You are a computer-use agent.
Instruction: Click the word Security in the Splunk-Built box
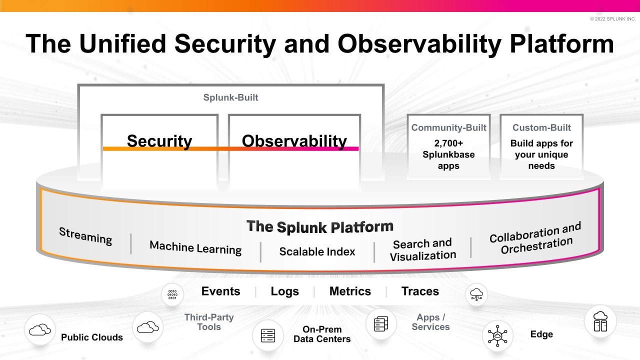[x=159, y=141]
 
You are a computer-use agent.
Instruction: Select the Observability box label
[x=294, y=141]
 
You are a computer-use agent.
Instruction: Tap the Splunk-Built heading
[x=230, y=97]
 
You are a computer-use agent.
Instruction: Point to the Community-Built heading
[x=448, y=127]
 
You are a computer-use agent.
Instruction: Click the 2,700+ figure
[x=448, y=143]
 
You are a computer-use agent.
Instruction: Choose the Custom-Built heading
[x=541, y=127]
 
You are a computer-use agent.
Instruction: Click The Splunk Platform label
[x=320, y=226]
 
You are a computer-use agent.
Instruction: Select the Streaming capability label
[x=85, y=235]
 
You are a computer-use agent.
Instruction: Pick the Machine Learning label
[x=195, y=247]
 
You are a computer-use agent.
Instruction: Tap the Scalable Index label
[x=317, y=251]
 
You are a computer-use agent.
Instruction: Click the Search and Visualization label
[x=422, y=249]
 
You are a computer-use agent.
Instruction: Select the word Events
[x=220, y=291]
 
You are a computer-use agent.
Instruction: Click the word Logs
[x=284, y=291]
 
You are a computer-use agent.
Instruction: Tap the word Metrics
[x=350, y=291]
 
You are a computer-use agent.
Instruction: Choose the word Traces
[x=420, y=291]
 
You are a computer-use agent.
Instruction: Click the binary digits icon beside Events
[x=172, y=294]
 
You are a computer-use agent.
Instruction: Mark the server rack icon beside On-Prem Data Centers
[x=267, y=335]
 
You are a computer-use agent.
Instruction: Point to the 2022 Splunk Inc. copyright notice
[x=612, y=19]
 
